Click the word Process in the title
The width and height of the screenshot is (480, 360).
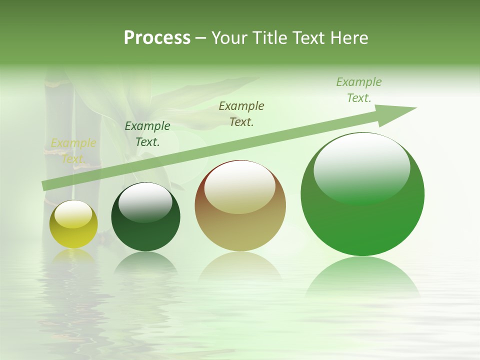(x=157, y=38)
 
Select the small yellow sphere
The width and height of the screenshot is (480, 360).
(x=73, y=224)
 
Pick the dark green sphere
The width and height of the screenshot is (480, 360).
(x=145, y=218)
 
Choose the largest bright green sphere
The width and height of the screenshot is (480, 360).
(x=362, y=195)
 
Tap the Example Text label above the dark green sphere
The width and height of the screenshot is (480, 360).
(x=147, y=134)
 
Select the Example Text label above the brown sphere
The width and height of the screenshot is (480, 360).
(x=241, y=113)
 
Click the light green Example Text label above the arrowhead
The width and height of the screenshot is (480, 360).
(x=359, y=90)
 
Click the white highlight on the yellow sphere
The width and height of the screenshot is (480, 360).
(x=73, y=214)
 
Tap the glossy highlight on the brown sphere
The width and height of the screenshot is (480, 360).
(x=239, y=186)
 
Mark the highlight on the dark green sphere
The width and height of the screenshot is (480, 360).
(x=145, y=201)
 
